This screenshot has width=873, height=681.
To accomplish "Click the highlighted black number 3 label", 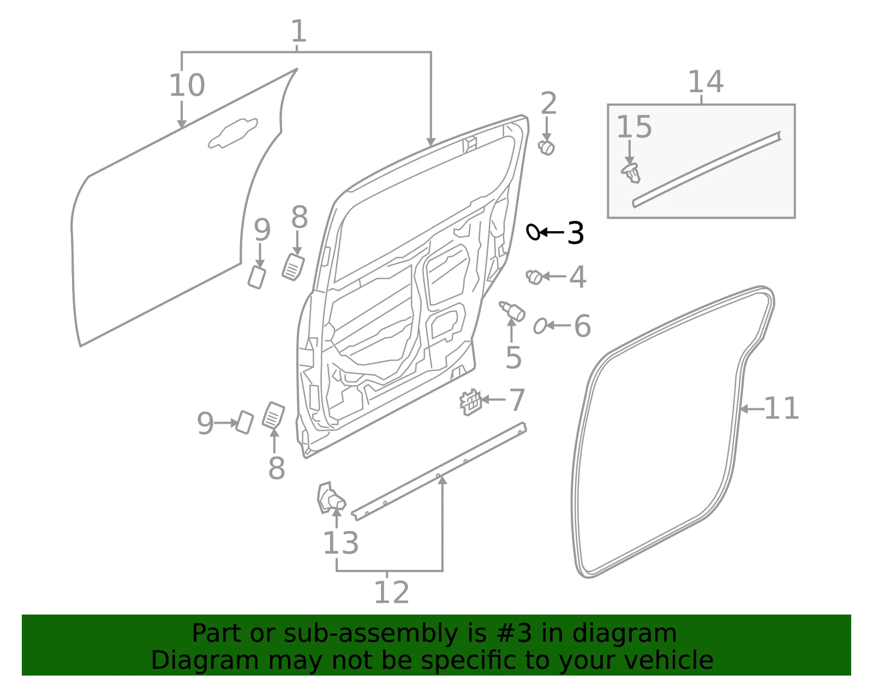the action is (x=575, y=233).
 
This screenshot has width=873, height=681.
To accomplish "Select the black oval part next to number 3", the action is (x=533, y=232).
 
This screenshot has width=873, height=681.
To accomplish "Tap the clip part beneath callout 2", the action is (x=546, y=148).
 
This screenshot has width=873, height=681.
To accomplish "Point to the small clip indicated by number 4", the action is (x=534, y=277).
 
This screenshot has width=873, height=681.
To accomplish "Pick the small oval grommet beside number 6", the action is (x=540, y=326).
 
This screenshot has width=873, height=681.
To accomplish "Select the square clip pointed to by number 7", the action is (x=470, y=402).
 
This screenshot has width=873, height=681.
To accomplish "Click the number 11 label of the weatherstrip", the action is (x=781, y=408).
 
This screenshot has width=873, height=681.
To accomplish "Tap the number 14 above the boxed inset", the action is (x=706, y=82).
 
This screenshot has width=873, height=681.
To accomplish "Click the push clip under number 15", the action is (x=631, y=173).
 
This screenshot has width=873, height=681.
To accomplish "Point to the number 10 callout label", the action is (x=187, y=86).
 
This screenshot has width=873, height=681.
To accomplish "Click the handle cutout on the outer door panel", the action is (x=233, y=133).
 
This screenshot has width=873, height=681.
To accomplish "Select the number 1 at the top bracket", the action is (x=298, y=31).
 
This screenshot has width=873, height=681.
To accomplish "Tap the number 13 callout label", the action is (x=340, y=544).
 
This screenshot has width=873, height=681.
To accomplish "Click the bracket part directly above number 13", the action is (x=331, y=498).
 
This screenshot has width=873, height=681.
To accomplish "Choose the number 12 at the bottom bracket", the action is (x=392, y=592).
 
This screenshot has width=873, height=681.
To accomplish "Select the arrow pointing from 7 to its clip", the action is (x=493, y=400).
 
